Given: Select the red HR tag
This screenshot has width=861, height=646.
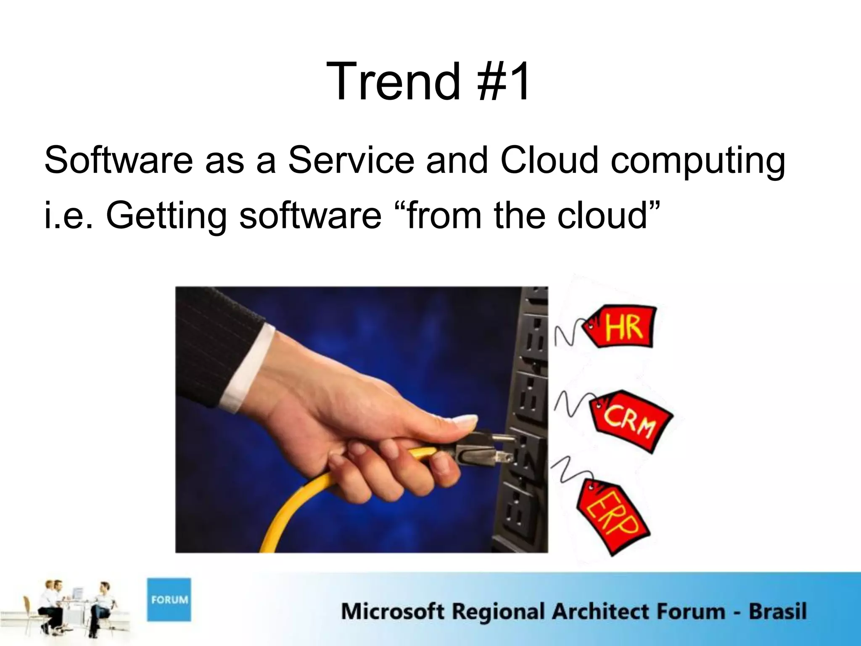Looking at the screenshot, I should pos(622,327).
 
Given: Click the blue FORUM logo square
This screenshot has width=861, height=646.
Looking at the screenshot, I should pos(169,600).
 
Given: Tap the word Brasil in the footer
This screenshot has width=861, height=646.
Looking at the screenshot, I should pos(777,611).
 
